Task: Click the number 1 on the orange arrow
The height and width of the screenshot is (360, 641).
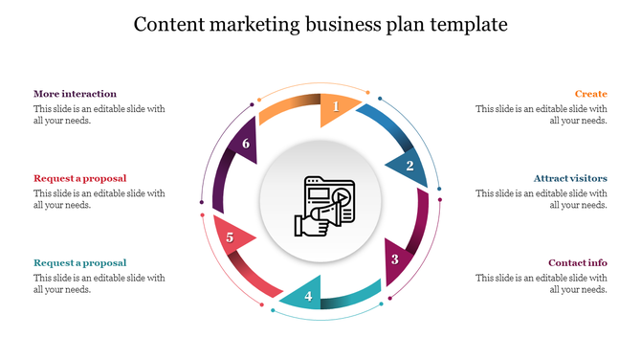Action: (336, 107)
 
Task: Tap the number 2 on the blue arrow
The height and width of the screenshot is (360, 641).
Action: (409, 166)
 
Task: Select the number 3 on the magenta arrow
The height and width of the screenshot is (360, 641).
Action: (394, 259)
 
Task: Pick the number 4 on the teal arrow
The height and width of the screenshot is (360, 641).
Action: (308, 296)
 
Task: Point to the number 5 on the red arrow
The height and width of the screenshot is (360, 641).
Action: (230, 237)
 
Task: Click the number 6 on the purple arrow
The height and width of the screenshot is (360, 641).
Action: (246, 145)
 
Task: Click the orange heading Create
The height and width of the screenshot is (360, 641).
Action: (590, 94)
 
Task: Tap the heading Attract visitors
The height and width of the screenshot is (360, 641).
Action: (570, 178)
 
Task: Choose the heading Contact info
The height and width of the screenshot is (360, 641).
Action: (577, 262)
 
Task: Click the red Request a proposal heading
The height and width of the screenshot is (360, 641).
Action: (79, 178)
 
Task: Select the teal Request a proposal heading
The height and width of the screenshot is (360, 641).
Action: (79, 262)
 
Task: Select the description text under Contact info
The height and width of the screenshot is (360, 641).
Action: (542, 283)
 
